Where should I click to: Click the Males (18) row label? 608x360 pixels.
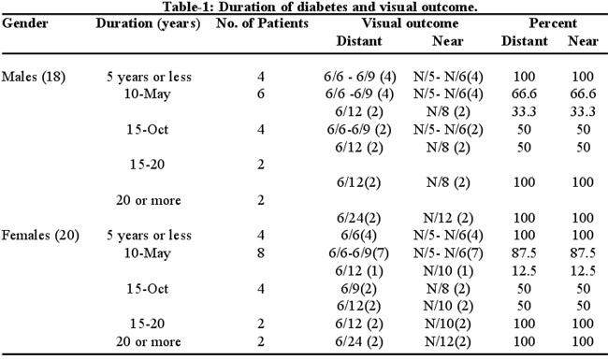[34, 77]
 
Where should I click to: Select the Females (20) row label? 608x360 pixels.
[40, 236]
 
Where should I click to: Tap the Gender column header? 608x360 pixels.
[25, 22]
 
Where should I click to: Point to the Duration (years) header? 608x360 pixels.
[148, 23]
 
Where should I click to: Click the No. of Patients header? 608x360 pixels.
[263, 23]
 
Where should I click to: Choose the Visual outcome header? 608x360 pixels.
[411, 23]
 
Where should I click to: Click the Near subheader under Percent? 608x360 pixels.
[583, 41]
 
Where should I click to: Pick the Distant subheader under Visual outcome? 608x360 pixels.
[359, 41]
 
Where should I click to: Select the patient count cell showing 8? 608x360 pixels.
[261, 253]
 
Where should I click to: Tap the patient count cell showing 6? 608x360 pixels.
[261, 94]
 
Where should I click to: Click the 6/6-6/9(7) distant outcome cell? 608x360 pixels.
[358, 253]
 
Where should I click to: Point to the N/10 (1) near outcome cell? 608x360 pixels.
[448, 271]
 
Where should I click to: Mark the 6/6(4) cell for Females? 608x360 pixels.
[358, 236]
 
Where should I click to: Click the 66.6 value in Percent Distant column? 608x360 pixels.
[524, 94]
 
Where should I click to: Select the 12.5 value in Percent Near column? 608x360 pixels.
[583, 271]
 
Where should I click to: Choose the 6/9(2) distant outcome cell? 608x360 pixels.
[358, 289]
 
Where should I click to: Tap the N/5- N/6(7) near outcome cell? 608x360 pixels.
[448, 253]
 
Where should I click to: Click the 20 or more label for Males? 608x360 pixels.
[148, 200]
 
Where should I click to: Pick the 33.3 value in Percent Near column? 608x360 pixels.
[583, 111]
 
